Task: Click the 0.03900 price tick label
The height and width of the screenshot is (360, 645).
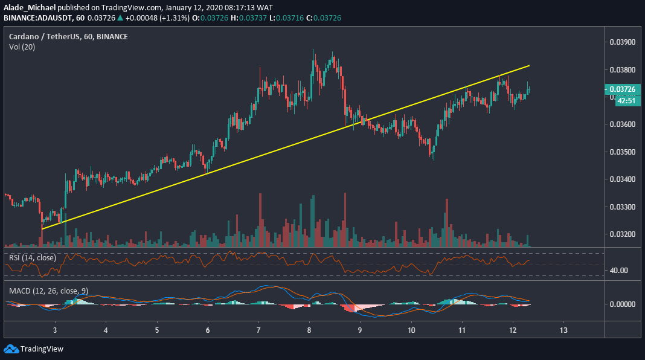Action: pos(622,42)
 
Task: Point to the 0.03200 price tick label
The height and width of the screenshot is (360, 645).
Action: pos(622,234)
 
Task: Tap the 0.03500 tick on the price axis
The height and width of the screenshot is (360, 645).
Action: pos(622,152)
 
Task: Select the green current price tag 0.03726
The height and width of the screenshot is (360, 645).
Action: pos(622,89)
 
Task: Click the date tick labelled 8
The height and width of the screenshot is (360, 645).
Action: pos(310,330)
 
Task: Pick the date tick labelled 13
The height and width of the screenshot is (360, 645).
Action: pos(563,330)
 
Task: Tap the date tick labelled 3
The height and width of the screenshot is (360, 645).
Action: pos(55,330)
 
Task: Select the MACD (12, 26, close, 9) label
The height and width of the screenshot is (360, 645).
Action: pos(49,291)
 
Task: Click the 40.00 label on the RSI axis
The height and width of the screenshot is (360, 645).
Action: pos(619,270)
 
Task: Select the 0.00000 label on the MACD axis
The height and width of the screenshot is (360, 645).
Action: pos(622,304)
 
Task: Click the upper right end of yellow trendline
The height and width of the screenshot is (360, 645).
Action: pos(530,65)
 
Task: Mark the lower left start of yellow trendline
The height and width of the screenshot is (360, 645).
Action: pos(41,230)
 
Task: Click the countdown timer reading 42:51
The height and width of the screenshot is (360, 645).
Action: pos(625,101)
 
